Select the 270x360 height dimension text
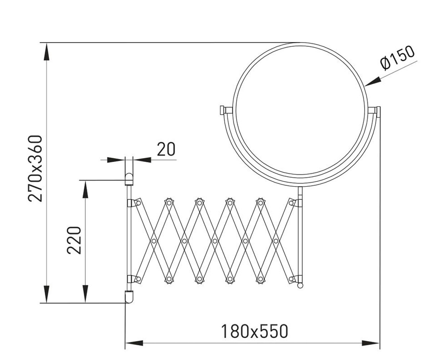(x=35, y=168)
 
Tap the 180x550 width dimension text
(x=255, y=331)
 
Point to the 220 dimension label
(x=74, y=240)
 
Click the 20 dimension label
(x=166, y=149)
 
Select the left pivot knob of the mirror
(x=222, y=110)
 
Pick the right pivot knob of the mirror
(x=378, y=112)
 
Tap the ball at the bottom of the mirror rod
(x=300, y=285)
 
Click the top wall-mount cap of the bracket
(x=129, y=179)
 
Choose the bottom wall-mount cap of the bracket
(x=129, y=297)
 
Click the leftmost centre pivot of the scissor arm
(x=154, y=241)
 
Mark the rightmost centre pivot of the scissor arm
(x=276, y=241)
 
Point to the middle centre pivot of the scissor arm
(x=215, y=241)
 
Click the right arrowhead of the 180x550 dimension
(x=370, y=343)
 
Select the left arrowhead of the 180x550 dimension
(x=134, y=343)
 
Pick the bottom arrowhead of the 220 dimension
(x=85, y=294)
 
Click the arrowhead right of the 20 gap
(x=142, y=160)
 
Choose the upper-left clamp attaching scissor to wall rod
(x=134, y=203)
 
